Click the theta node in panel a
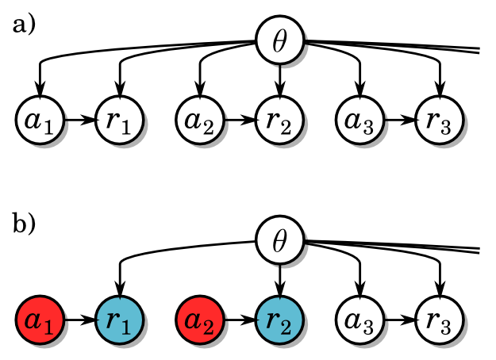click(279, 42)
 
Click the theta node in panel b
click(279, 242)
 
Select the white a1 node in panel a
click(38, 121)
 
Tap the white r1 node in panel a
click(119, 121)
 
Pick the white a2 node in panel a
click(198, 121)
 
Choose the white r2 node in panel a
click(279, 121)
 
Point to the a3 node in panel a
click(360, 121)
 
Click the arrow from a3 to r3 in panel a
click(400, 121)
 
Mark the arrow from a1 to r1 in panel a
click(79, 121)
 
